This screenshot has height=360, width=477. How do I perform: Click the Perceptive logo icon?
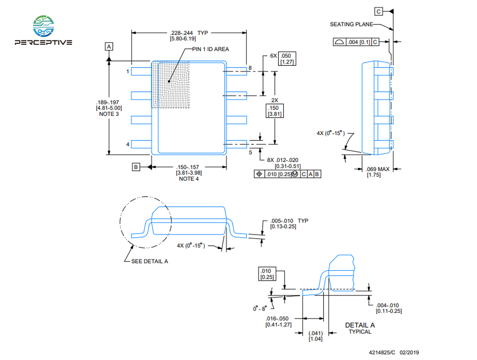point(43,26)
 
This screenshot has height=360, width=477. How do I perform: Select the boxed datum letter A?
point(109,47)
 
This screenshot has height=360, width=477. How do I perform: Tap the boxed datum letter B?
point(136,167)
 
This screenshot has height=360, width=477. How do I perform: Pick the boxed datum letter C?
point(379,11)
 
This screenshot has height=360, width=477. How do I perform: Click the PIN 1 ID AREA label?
point(210,49)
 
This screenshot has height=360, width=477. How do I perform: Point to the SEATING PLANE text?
point(351,24)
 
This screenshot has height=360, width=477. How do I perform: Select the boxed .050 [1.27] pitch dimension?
point(287,59)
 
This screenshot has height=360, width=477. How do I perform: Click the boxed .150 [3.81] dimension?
point(275,111)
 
